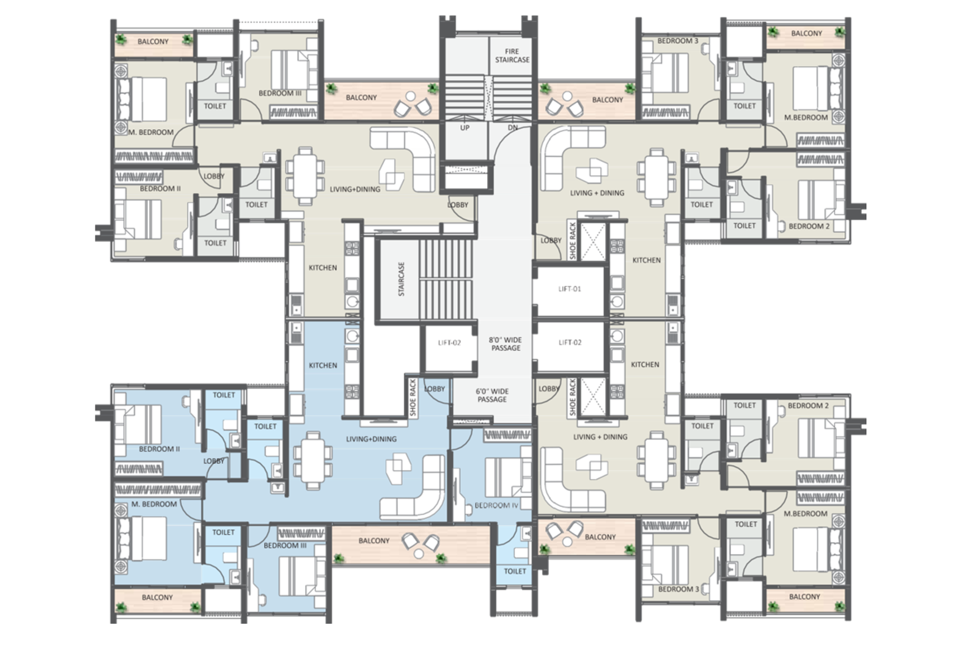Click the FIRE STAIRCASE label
coord(512,56)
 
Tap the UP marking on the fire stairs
coord(465,128)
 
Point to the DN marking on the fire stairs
coord(513,128)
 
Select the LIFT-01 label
coord(569,289)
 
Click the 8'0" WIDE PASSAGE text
coord(505,344)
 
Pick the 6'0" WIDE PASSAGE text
coord(492,395)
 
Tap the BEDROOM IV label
coord(496,505)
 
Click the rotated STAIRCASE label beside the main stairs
coord(401,279)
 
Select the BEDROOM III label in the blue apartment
coord(285,546)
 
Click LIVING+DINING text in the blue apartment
coord(371,439)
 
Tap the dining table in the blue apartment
coord(312,460)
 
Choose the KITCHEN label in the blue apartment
coord(323,365)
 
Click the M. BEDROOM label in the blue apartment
coord(154,504)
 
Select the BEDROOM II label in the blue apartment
coord(160,449)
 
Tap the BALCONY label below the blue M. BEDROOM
coord(157,598)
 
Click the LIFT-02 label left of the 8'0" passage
coord(449,343)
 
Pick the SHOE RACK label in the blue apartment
coord(413,398)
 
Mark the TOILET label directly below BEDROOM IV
coord(515,571)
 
